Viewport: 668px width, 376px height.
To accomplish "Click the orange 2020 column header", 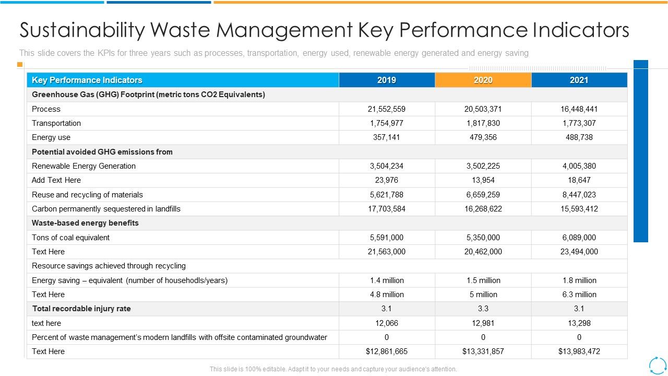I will point(483,80).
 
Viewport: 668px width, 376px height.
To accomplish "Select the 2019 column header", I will point(386,80).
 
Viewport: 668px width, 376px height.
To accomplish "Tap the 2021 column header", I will point(579,80).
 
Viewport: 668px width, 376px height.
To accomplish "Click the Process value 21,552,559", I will point(386,109).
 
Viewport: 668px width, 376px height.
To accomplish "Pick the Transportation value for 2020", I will point(483,123).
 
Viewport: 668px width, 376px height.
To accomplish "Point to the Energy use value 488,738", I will point(579,137).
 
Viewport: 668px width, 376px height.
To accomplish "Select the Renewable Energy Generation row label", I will point(83,166).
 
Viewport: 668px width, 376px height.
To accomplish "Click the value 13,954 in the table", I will point(483,180).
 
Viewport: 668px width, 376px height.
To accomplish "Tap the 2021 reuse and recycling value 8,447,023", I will point(579,195).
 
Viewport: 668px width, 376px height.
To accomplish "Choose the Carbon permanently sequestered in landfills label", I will point(106,209).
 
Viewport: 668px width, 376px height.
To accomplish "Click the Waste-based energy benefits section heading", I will point(85,223).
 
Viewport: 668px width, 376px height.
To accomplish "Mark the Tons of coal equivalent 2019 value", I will point(386,238).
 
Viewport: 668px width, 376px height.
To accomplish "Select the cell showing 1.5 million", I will point(483,280).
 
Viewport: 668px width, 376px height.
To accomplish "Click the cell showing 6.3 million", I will point(579,295).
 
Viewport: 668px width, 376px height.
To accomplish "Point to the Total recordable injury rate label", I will point(81,309).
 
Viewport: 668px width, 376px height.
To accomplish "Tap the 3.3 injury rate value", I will point(483,309).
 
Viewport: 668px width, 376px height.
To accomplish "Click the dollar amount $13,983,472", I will point(579,351).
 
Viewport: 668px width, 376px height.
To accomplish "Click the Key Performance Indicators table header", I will point(87,80).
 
